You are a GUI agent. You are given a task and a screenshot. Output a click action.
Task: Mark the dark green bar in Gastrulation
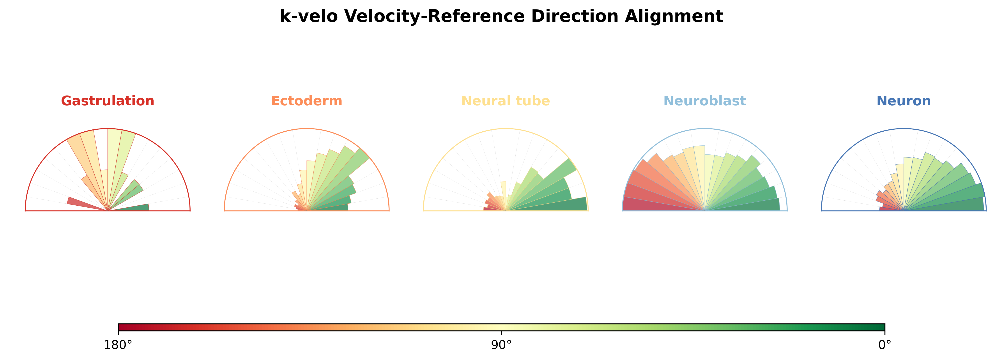(129, 207)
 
